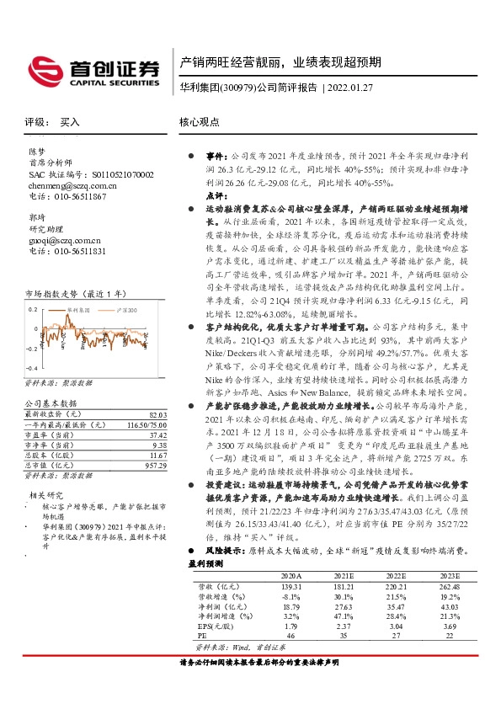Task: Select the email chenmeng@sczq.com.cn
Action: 73,185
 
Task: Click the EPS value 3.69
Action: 450,626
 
